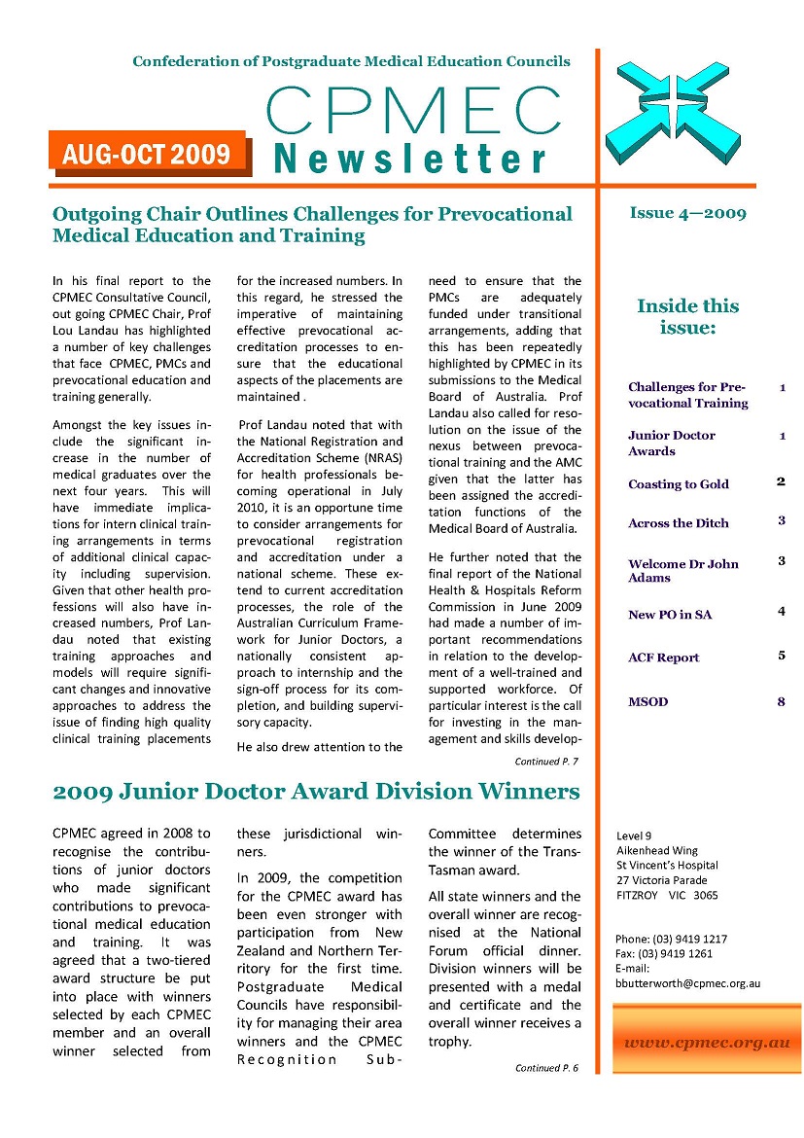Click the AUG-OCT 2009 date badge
point(147,153)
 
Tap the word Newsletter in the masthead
point(410,159)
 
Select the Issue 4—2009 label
point(687,213)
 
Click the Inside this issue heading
point(687,316)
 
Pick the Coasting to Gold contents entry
point(679,483)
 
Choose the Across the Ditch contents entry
point(679,522)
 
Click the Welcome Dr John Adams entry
point(682,570)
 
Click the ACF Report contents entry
point(663,658)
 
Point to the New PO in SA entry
point(670,614)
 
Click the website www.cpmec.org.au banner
point(706,1043)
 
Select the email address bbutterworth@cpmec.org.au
point(687,983)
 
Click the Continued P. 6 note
point(546,1067)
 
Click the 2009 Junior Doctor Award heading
point(316,792)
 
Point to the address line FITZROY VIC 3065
point(667,895)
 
